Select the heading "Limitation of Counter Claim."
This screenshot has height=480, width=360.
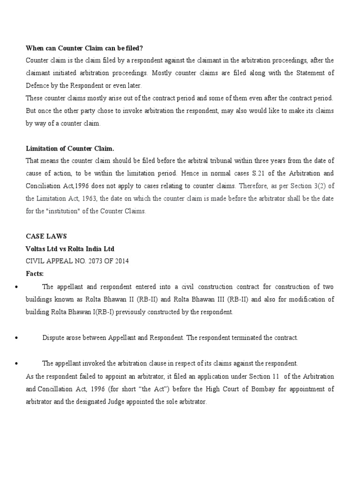click(70, 149)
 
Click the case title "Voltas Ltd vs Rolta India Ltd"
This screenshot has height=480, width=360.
click(70, 248)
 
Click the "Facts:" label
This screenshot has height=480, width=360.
click(35, 273)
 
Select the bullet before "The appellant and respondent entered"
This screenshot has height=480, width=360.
click(17, 287)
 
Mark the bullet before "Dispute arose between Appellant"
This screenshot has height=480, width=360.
click(17, 338)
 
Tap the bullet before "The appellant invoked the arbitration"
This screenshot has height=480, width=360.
click(17, 364)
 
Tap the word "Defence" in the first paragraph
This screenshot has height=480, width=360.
click(39, 86)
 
